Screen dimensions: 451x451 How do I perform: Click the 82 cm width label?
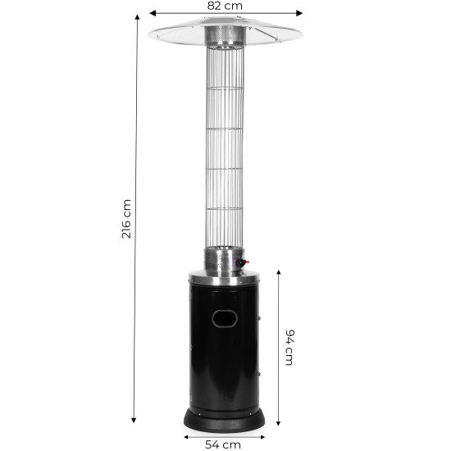[225, 6]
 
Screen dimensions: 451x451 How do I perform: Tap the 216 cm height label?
[126, 219]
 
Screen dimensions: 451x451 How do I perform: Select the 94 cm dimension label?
[289, 348]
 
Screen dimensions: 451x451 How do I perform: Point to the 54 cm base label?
[223, 444]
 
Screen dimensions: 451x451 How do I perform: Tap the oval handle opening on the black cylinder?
[225, 318]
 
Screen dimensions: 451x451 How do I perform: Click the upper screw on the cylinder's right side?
[258, 318]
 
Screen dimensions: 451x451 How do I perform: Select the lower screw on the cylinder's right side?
[258, 374]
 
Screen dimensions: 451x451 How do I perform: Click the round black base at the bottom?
[225, 421]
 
